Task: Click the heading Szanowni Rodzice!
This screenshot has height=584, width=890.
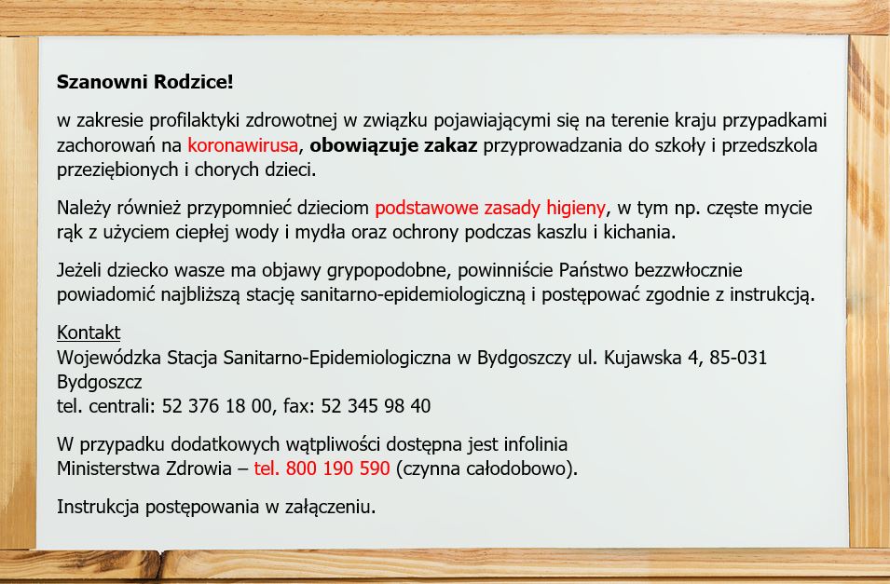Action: click(144, 82)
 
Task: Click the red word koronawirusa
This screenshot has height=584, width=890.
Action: click(243, 145)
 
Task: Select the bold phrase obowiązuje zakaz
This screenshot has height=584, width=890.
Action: click(393, 146)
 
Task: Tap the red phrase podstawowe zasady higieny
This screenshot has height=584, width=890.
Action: click(490, 209)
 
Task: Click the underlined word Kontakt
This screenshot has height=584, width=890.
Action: click(89, 332)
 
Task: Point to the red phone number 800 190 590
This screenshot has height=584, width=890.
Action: click(337, 469)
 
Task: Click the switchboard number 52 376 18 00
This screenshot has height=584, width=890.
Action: click(217, 406)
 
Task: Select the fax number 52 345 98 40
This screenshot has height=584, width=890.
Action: click(376, 406)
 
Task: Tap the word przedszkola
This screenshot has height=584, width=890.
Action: click(770, 146)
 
